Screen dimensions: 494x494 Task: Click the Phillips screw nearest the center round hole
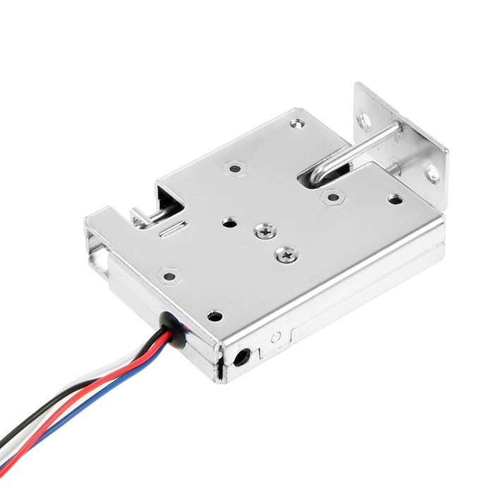(x=265, y=231)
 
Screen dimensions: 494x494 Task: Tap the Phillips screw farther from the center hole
(x=287, y=254)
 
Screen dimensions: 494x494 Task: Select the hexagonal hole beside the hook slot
(x=332, y=197)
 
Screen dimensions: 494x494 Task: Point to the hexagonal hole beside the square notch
(x=235, y=168)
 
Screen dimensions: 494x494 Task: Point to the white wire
(x=120, y=395)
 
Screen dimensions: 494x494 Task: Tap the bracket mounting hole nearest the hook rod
(x=365, y=121)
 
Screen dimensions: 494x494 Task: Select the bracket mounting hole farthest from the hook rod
(x=432, y=172)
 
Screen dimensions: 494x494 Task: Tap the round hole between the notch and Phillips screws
(x=229, y=222)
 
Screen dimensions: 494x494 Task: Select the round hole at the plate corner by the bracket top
(x=298, y=123)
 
